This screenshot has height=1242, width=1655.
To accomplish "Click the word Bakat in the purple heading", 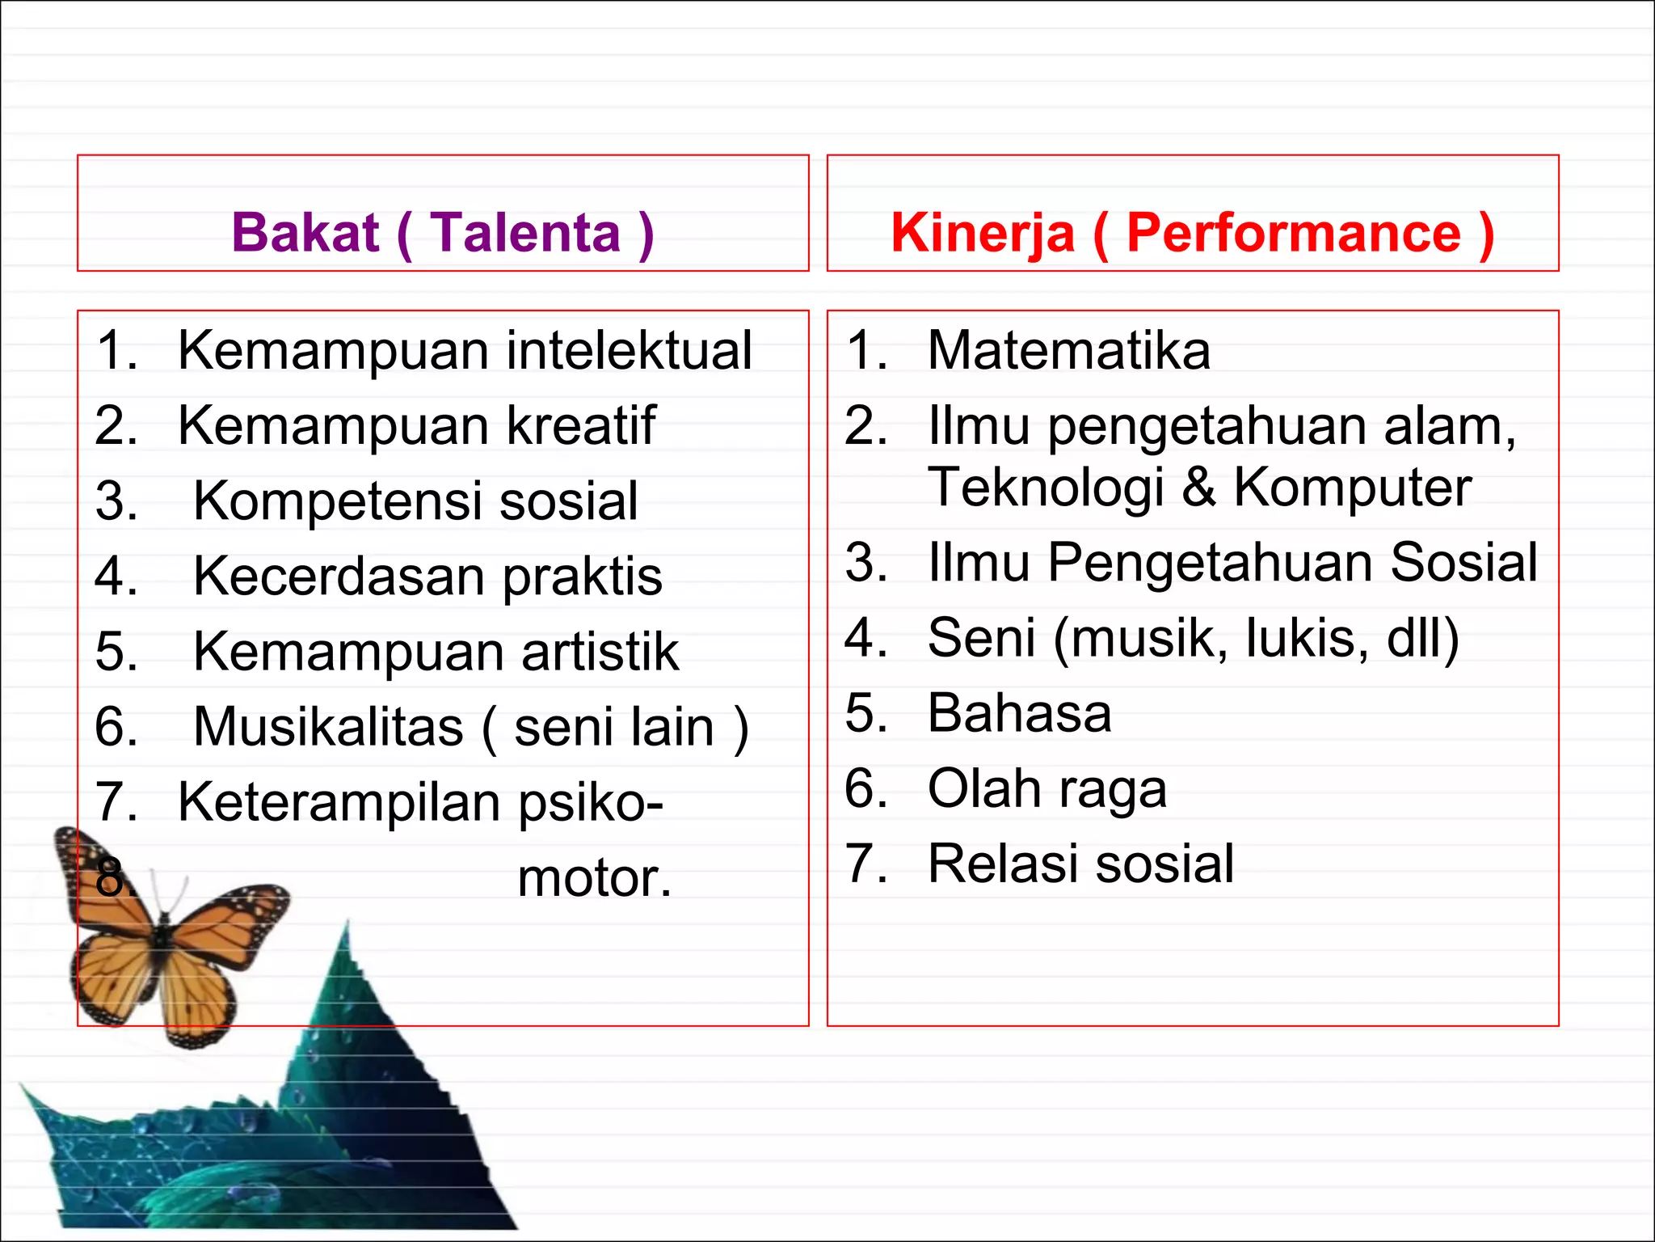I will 305,233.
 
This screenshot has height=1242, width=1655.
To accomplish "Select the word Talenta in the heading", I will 524,233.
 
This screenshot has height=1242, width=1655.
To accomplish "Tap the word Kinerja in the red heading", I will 983,233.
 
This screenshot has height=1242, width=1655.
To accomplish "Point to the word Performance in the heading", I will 1294,233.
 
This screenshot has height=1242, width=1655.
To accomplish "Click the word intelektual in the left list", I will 630,351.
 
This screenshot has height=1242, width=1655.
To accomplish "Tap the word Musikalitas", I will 328,726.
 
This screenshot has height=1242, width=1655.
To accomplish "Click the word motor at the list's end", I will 594,878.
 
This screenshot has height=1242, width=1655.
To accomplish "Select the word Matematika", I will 1068,351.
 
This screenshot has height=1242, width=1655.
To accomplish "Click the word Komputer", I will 1352,488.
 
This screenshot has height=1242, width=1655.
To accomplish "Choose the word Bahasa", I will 1019,713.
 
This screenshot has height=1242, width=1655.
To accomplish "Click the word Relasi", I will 1001,864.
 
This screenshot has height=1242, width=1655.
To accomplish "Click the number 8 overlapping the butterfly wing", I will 111,878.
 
